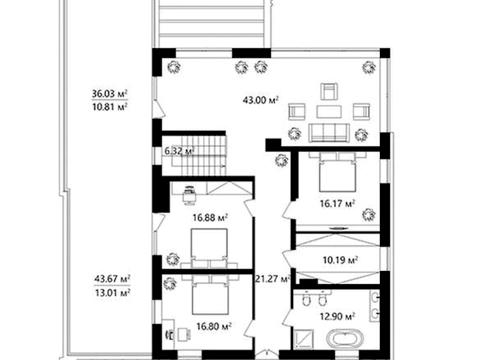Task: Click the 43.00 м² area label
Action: click(261, 100)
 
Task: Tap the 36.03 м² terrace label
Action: click(110, 94)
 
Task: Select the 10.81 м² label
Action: click(110, 107)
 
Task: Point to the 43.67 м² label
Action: click(112, 279)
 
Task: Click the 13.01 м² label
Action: click(112, 293)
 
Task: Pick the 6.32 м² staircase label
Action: click(179, 151)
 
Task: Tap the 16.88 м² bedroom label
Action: click(210, 218)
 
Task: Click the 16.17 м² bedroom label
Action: click(337, 203)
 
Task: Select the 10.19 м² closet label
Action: click(340, 259)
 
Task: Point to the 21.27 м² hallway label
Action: click(273, 279)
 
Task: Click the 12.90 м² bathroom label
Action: click(337, 315)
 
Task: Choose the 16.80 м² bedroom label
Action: click(214, 326)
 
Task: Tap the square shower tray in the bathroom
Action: click(304, 339)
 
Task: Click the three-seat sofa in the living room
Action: click(329, 133)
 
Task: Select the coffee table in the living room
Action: click(329, 112)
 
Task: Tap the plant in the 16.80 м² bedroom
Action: click(170, 284)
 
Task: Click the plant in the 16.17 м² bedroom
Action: click(369, 215)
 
